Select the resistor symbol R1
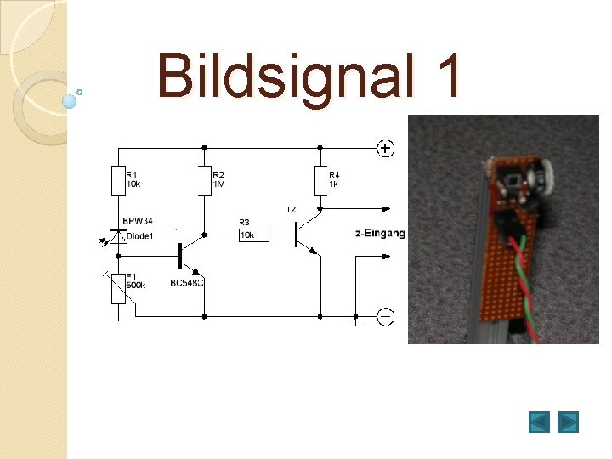click(119, 181)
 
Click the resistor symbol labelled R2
click(205, 181)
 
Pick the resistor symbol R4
click(321, 181)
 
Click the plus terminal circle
click(385, 149)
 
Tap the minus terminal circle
click(385, 317)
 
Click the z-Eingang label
click(380, 233)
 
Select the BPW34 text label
click(138, 222)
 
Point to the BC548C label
click(187, 282)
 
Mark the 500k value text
click(135, 286)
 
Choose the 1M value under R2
click(218, 184)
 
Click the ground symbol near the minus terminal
click(356, 321)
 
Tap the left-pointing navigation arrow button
click(539, 422)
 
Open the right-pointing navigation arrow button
click(568, 422)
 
